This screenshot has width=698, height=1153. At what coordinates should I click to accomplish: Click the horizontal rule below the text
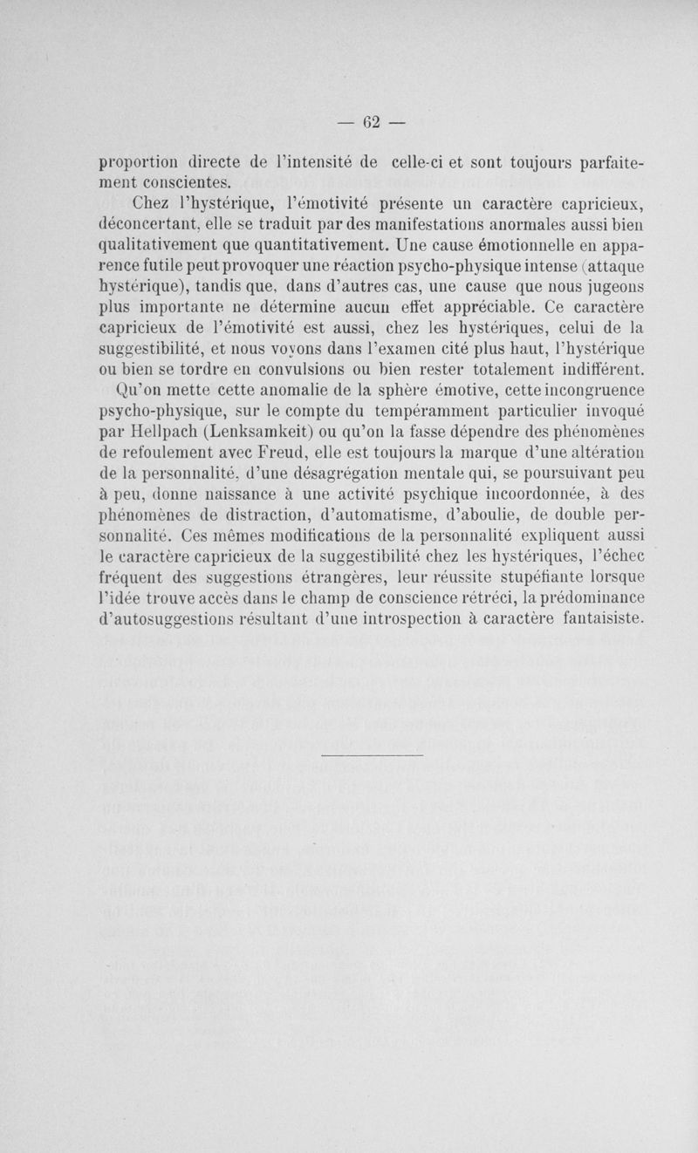coord(373,751)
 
